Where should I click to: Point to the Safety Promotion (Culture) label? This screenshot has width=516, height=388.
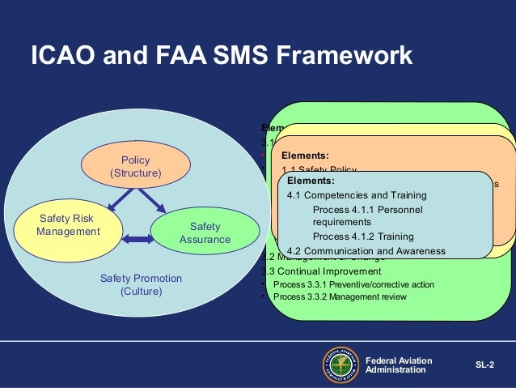pyautogui.click(x=141, y=284)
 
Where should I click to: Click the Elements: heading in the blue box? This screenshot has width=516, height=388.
pyautogui.click(x=311, y=181)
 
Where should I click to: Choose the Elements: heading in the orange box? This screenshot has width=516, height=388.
pyautogui.click(x=305, y=156)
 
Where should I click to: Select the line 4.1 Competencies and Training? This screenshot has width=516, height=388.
pyautogui.click(x=357, y=195)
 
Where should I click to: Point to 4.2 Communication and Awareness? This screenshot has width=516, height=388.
pyautogui.click(x=366, y=251)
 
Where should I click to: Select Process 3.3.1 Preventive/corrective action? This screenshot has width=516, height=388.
pyautogui.click(x=353, y=284)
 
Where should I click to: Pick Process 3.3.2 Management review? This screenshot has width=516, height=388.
pyautogui.click(x=340, y=296)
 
